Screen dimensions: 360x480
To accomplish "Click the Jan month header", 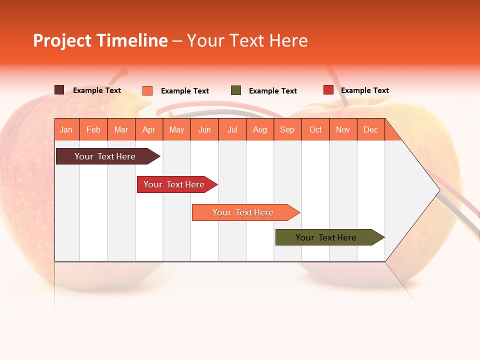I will (66, 129).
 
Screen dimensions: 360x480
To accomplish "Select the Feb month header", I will (93, 129).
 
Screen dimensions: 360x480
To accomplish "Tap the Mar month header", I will (121, 129).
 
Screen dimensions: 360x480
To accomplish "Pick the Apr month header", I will (149, 129).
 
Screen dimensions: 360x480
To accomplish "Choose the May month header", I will (176, 129).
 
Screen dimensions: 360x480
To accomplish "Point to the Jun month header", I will (204, 129).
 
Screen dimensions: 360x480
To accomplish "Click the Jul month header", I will (232, 129).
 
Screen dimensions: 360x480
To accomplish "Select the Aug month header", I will (260, 129).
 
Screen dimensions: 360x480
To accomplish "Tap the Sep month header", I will (287, 129).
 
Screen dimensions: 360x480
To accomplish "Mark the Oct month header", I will (315, 129).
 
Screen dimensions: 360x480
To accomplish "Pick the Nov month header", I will (343, 129).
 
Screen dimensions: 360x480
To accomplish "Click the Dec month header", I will (371, 129).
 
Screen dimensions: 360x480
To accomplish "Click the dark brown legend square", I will (59, 90).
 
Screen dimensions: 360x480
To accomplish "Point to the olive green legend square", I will (236, 90).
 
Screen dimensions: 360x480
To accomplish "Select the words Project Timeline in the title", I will (100, 40).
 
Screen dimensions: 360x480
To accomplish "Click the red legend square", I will (328, 90).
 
